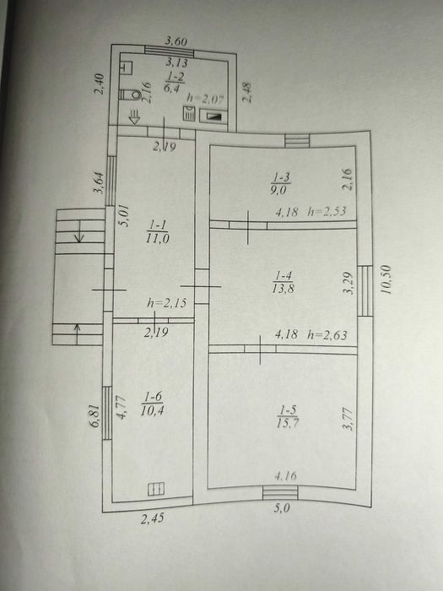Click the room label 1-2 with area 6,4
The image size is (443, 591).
[175, 82]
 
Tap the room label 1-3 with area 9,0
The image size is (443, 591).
[280, 183]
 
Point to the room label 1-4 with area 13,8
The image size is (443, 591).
[284, 282]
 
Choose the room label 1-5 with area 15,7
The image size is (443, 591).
[288, 416]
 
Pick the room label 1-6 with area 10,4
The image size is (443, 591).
[153, 404]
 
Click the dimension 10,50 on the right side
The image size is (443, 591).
[386, 279]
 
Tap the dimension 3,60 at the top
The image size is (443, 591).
[176, 41]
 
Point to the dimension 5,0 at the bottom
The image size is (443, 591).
[282, 508]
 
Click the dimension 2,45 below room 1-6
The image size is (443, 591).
[153, 518]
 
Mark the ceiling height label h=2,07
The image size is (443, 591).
[206, 99]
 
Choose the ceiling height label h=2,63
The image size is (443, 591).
[327, 334]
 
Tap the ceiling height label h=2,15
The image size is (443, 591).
[166, 302]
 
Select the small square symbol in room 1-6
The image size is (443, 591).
[156, 489]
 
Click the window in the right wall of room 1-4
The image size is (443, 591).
[365, 290]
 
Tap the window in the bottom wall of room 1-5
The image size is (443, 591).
[280, 492]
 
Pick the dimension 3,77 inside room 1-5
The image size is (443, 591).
[348, 419]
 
